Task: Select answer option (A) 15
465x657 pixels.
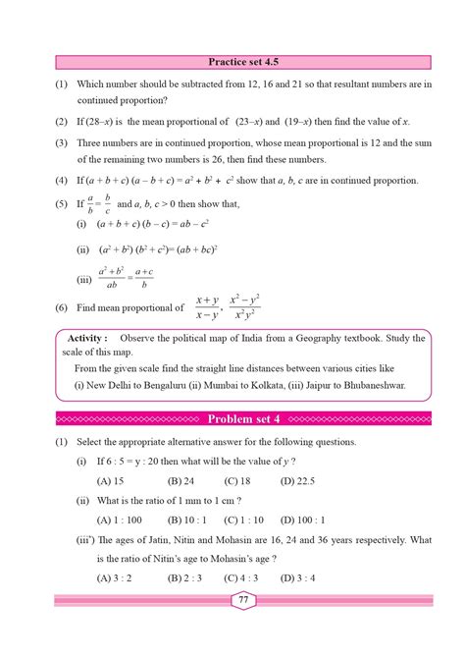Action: (110, 481)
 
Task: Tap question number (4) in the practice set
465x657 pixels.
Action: (61, 181)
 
